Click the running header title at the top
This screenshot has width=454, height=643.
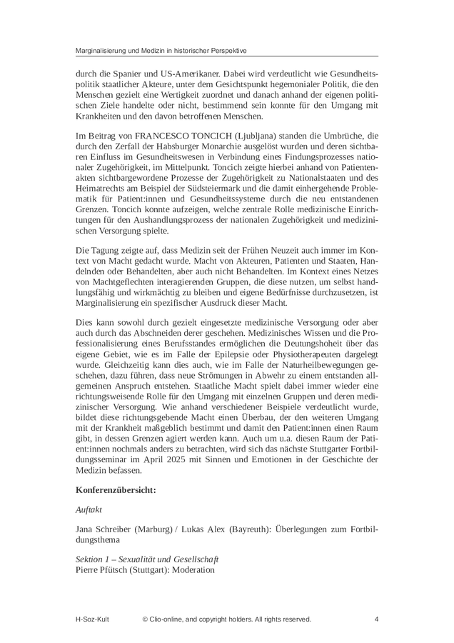tap(161, 51)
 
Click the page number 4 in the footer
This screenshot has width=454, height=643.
tap(376, 619)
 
